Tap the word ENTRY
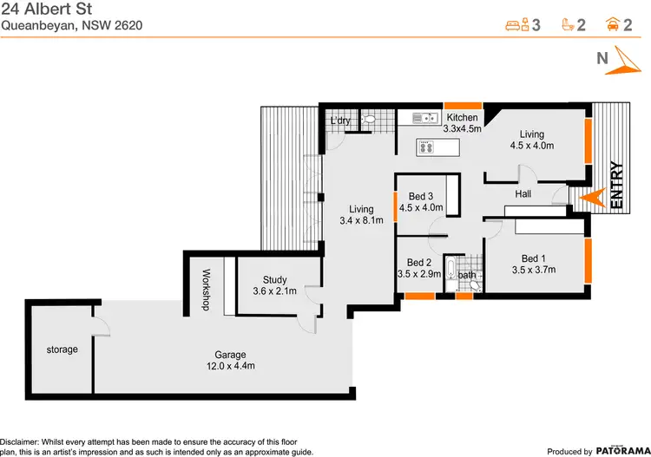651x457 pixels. point(617,185)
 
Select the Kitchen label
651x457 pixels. point(461,117)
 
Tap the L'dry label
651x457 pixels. point(340,121)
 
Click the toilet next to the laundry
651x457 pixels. point(368,120)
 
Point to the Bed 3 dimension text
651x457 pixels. point(421,208)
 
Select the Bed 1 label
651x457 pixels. point(534,258)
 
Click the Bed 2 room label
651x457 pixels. point(419,262)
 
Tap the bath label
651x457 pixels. point(467,276)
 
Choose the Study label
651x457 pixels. point(274,279)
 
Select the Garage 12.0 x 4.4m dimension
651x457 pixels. point(231,366)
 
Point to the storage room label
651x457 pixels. point(62,349)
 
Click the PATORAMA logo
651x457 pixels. point(618,451)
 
